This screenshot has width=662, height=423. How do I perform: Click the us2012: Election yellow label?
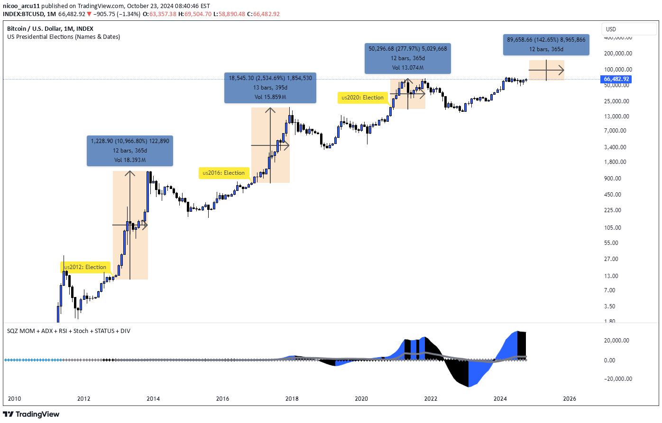(86, 267)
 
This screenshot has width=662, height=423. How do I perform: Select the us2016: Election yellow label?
(224, 173)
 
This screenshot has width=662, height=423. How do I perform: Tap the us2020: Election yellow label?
(363, 98)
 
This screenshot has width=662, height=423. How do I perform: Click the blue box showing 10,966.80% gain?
(129, 150)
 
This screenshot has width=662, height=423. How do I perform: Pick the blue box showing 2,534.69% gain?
(270, 87)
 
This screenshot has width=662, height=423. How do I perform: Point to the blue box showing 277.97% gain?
(407, 58)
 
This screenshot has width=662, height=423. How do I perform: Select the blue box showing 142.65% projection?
(546, 45)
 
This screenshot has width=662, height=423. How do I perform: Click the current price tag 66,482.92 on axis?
(616, 79)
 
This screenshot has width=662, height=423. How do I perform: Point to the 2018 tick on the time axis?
(292, 398)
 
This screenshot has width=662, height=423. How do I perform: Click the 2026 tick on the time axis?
(570, 398)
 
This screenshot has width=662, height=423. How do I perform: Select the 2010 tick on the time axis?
(15, 398)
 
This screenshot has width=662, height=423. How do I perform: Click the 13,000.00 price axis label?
(616, 116)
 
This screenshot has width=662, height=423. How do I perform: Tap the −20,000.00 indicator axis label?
(616, 378)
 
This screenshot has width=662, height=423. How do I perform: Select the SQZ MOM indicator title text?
(68, 331)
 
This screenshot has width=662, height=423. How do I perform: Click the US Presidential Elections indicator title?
(64, 36)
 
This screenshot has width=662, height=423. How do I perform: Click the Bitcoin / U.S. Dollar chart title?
(50, 28)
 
